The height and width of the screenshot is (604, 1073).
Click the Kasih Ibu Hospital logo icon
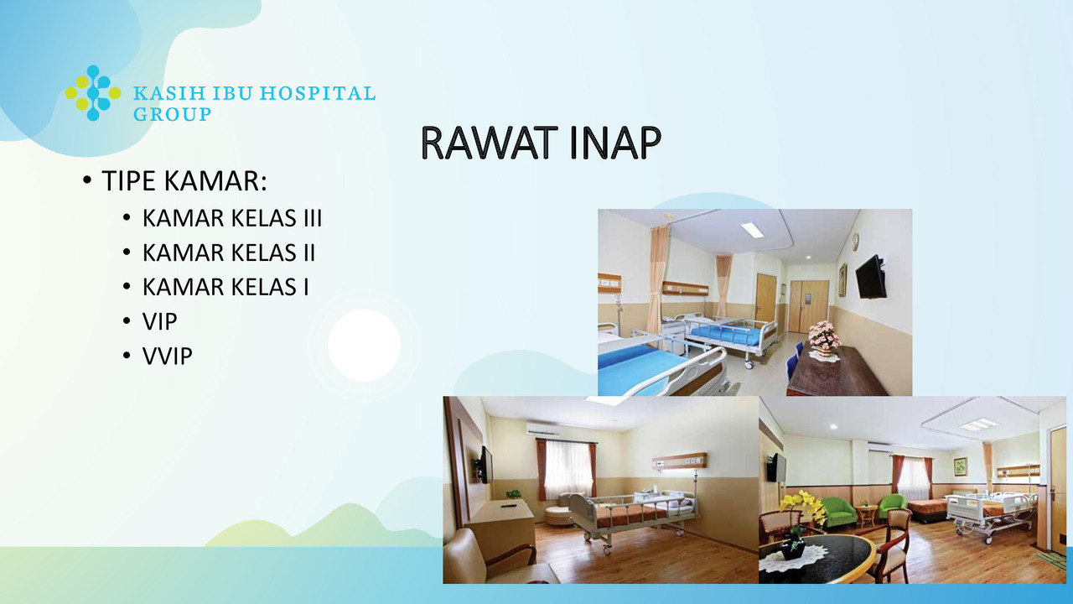click(x=93, y=93)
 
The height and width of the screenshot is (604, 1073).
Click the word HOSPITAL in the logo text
click(x=317, y=93)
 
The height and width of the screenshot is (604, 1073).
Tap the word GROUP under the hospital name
click(x=172, y=114)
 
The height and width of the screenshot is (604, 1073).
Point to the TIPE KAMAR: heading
click(x=184, y=180)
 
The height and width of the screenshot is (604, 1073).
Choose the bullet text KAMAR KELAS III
click(x=232, y=218)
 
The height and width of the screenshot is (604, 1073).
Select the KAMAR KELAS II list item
click(x=229, y=253)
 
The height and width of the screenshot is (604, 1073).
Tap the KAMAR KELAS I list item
click(x=225, y=287)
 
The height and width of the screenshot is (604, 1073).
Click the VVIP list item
click(x=167, y=357)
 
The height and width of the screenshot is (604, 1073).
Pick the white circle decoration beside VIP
click(x=364, y=345)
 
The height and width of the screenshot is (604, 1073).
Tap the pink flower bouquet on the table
click(x=824, y=336)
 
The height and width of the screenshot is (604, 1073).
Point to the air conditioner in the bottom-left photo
click(x=542, y=429)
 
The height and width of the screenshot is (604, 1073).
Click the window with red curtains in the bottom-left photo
click(x=567, y=469)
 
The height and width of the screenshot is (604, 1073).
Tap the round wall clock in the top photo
click(x=856, y=240)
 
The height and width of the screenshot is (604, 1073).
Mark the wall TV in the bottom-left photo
click(x=485, y=465)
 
